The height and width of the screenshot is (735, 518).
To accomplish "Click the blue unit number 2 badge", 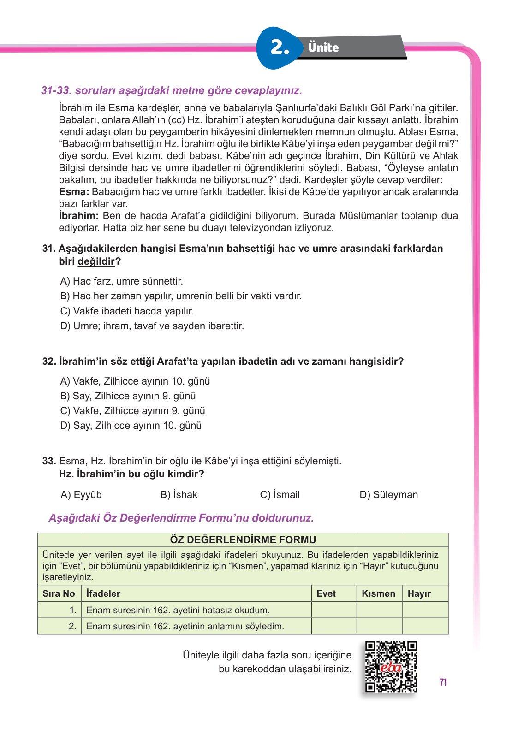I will click(279, 47).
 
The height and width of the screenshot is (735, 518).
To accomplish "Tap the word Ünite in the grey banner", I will click(323, 47).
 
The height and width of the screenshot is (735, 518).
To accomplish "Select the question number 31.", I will click(49, 249).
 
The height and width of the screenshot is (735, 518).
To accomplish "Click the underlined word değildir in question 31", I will click(96, 261).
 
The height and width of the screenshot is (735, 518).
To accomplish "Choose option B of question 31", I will click(181, 296).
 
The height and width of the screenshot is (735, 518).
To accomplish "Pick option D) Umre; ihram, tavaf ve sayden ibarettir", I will click(152, 326).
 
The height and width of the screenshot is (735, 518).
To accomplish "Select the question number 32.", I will click(49, 362).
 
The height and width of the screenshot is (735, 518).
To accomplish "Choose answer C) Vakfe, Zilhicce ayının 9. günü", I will click(133, 411).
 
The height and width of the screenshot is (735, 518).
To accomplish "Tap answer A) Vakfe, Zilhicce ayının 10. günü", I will click(135, 381).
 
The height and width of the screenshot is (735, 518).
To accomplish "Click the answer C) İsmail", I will click(280, 495).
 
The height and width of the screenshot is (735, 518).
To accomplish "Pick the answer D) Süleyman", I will click(388, 495).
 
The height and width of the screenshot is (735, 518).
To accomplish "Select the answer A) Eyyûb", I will click(81, 495).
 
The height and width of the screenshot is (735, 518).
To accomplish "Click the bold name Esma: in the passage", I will click(74, 192).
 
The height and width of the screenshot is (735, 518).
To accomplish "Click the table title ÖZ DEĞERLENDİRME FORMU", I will click(243, 539).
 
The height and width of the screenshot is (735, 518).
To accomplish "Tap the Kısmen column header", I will click(379, 593).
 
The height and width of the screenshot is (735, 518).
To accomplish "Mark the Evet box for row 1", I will click(334, 610).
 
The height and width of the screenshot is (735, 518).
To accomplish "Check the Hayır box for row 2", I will click(425, 626).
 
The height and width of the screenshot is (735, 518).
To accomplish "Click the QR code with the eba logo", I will click(391, 667).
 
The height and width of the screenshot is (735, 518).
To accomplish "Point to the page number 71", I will click(443, 682).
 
